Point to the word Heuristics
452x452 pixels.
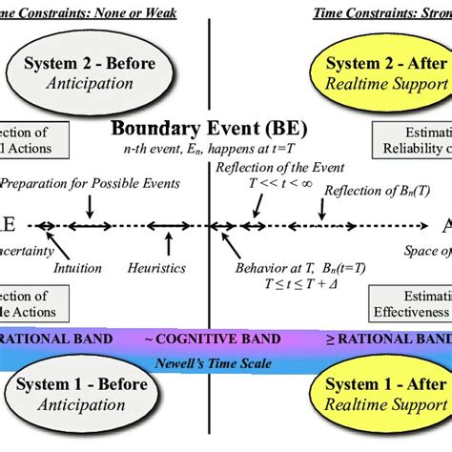click(155, 268)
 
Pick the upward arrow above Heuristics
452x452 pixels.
click(158, 246)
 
